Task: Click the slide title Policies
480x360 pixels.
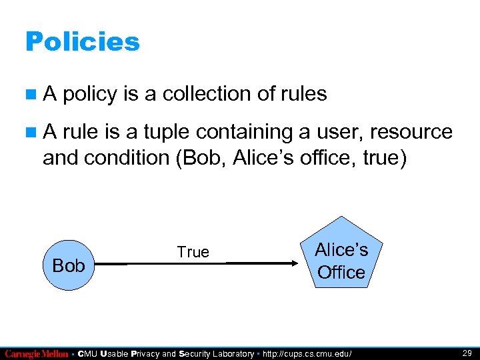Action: (82, 42)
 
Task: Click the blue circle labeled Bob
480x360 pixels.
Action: (69, 265)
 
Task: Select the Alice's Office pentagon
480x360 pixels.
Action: (341, 256)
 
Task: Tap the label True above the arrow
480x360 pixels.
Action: (193, 252)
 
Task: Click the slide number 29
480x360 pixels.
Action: (467, 353)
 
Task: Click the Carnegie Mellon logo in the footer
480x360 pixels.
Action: (36, 353)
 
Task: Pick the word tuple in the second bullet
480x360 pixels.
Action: (179, 131)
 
